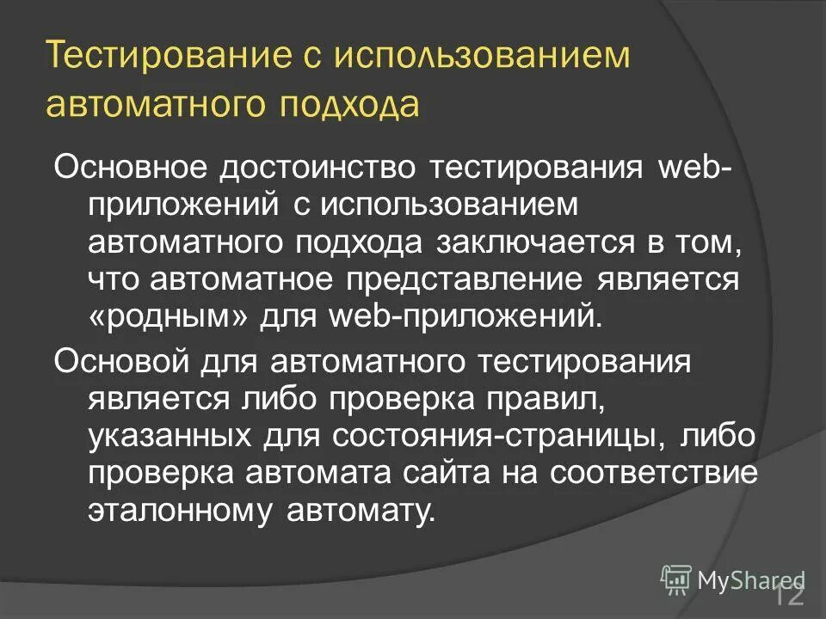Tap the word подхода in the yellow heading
pyautogui.click(x=348, y=104)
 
